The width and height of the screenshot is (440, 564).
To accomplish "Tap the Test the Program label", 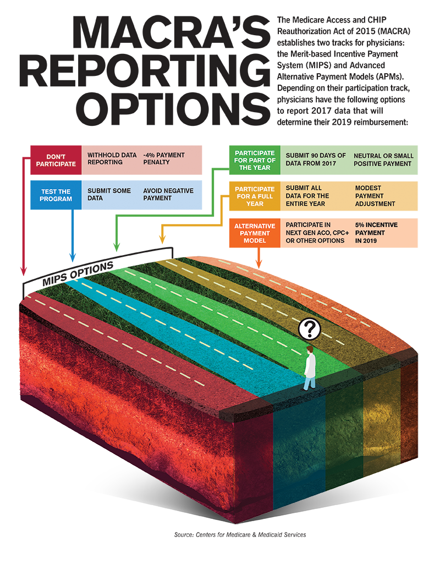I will [x=56, y=195].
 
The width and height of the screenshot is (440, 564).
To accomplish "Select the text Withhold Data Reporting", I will [x=112, y=159].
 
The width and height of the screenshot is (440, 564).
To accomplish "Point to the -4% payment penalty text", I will [x=164, y=159].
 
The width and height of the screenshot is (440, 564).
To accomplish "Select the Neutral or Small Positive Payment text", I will [x=383, y=159].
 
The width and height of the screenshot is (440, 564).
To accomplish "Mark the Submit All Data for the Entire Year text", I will [x=307, y=196].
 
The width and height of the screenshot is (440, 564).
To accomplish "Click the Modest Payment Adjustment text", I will [x=375, y=196].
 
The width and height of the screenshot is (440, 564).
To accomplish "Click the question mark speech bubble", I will [x=310, y=329].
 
